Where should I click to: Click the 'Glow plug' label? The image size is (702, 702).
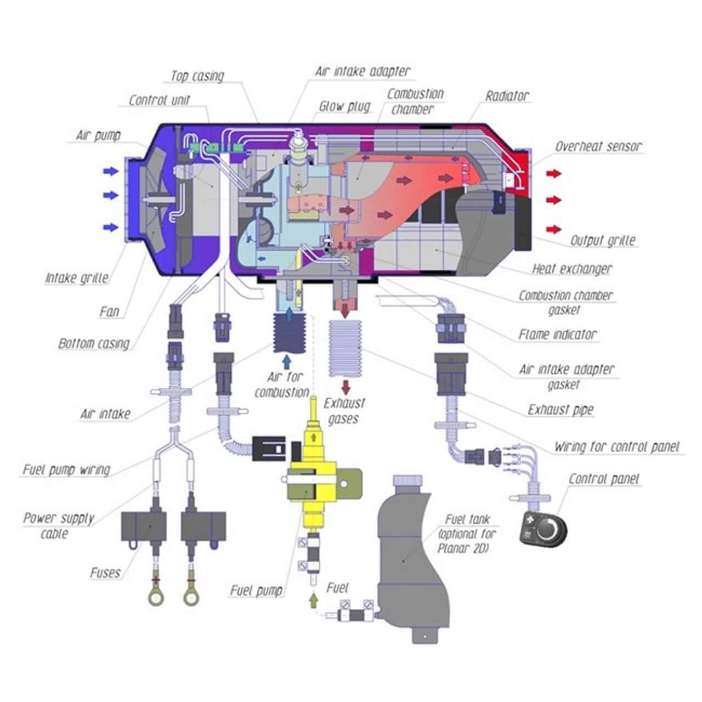coord(344,106)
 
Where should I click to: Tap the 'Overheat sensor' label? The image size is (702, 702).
coord(598,146)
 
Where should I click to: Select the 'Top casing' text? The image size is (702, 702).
coord(197,76)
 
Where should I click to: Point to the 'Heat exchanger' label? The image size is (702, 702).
coord(572,269)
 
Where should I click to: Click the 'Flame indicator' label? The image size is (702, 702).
coord(557,334)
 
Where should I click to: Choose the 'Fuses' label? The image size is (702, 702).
coord(105,573)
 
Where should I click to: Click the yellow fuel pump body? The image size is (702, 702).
coord(312,483)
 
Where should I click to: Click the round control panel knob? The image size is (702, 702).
coord(548,529)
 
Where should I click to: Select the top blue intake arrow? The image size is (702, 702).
coord(111,172)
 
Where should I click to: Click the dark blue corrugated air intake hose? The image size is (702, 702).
coord(287,333)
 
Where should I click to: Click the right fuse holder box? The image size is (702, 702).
coord(203,526)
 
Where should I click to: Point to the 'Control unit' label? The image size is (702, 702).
coord(160,100)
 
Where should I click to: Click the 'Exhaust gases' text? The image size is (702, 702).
coord(344,411)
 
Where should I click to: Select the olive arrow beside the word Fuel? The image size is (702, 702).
coord(313,600)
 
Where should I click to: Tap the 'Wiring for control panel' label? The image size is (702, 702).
coord(616,446)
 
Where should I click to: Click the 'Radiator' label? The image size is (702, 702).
coord(507,96)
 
